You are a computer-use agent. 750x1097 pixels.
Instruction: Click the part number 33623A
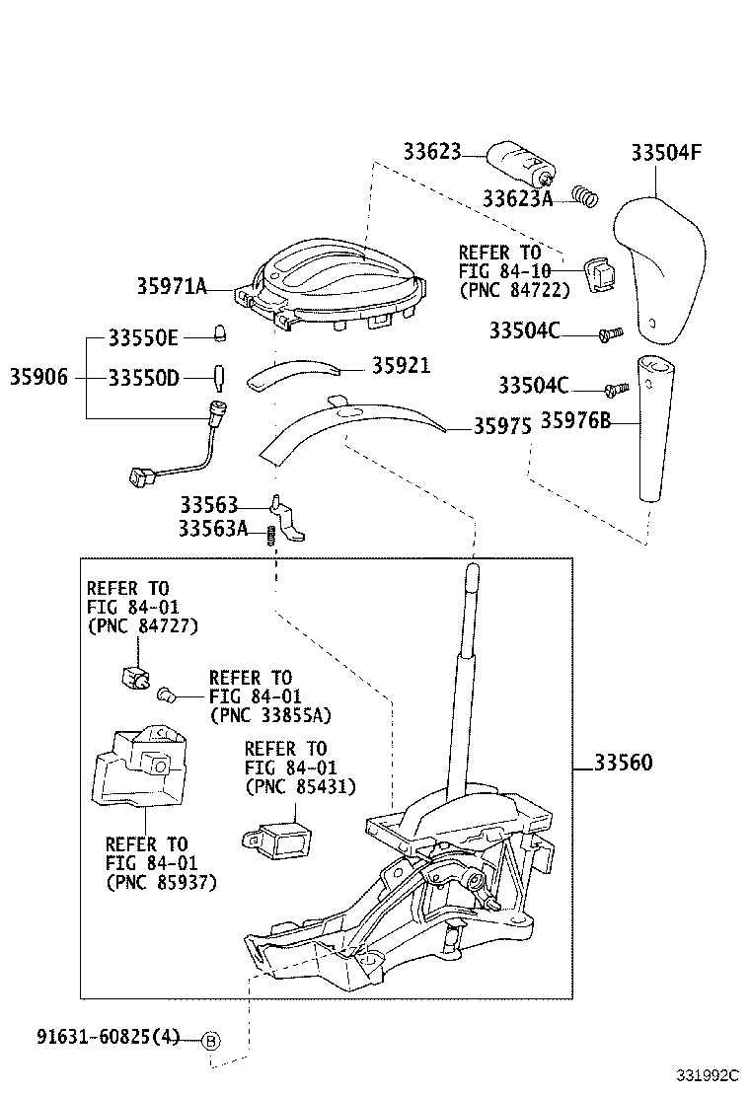pos(517,199)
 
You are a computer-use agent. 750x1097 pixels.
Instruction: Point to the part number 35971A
pos(172,287)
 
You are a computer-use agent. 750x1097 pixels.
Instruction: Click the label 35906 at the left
pos(39,377)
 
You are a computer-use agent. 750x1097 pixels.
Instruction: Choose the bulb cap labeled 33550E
pos(220,334)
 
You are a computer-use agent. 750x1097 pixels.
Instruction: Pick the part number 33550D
pos(143,377)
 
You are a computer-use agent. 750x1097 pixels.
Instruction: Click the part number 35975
pos(502,426)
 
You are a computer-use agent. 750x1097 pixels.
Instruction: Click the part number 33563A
pos(213,530)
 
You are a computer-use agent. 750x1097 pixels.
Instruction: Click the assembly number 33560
pos(623,764)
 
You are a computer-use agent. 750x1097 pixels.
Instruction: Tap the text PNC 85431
pos(300,786)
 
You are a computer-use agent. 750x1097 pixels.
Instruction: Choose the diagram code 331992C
pos(707,1074)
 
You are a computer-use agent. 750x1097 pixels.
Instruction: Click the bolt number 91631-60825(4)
pos(109,1037)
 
